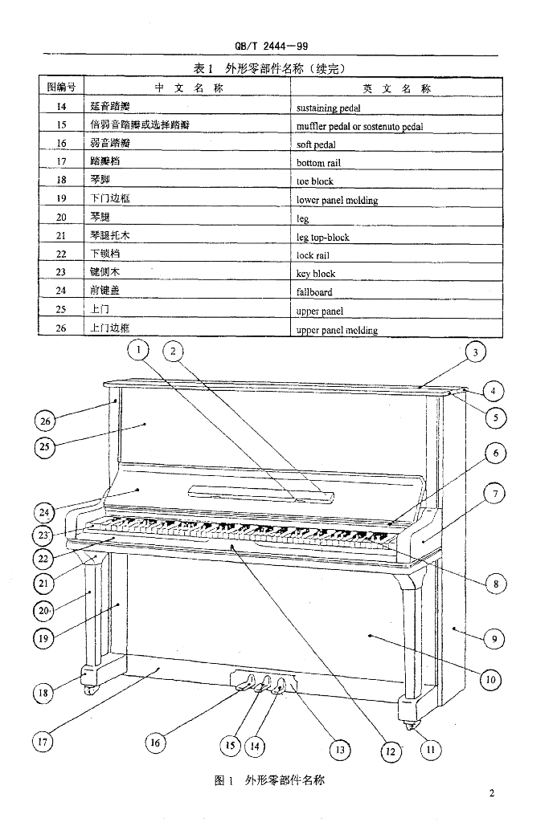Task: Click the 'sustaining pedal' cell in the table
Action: point(328,108)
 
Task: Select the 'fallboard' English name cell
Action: point(314,292)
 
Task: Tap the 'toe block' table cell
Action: point(314,181)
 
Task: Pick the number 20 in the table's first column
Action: point(61,218)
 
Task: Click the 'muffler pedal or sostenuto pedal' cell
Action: point(359,126)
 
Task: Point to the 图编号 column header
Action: point(61,87)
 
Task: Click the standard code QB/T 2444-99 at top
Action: point(272,46)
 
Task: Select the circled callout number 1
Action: point(138,350)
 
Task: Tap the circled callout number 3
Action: point(475,352)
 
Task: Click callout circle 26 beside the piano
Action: point(45,421)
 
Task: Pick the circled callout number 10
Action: point(490,680)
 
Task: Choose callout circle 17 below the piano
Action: point(43,742)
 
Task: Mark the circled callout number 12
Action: point(391,751)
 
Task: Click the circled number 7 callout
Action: point(494,494)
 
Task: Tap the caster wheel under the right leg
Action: point(409,726)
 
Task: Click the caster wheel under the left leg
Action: point(90,690)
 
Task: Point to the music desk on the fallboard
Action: point(261,494)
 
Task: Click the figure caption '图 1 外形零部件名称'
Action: point(270,780)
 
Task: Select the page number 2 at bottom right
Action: point(491,793)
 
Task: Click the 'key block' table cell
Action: point(316,274)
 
